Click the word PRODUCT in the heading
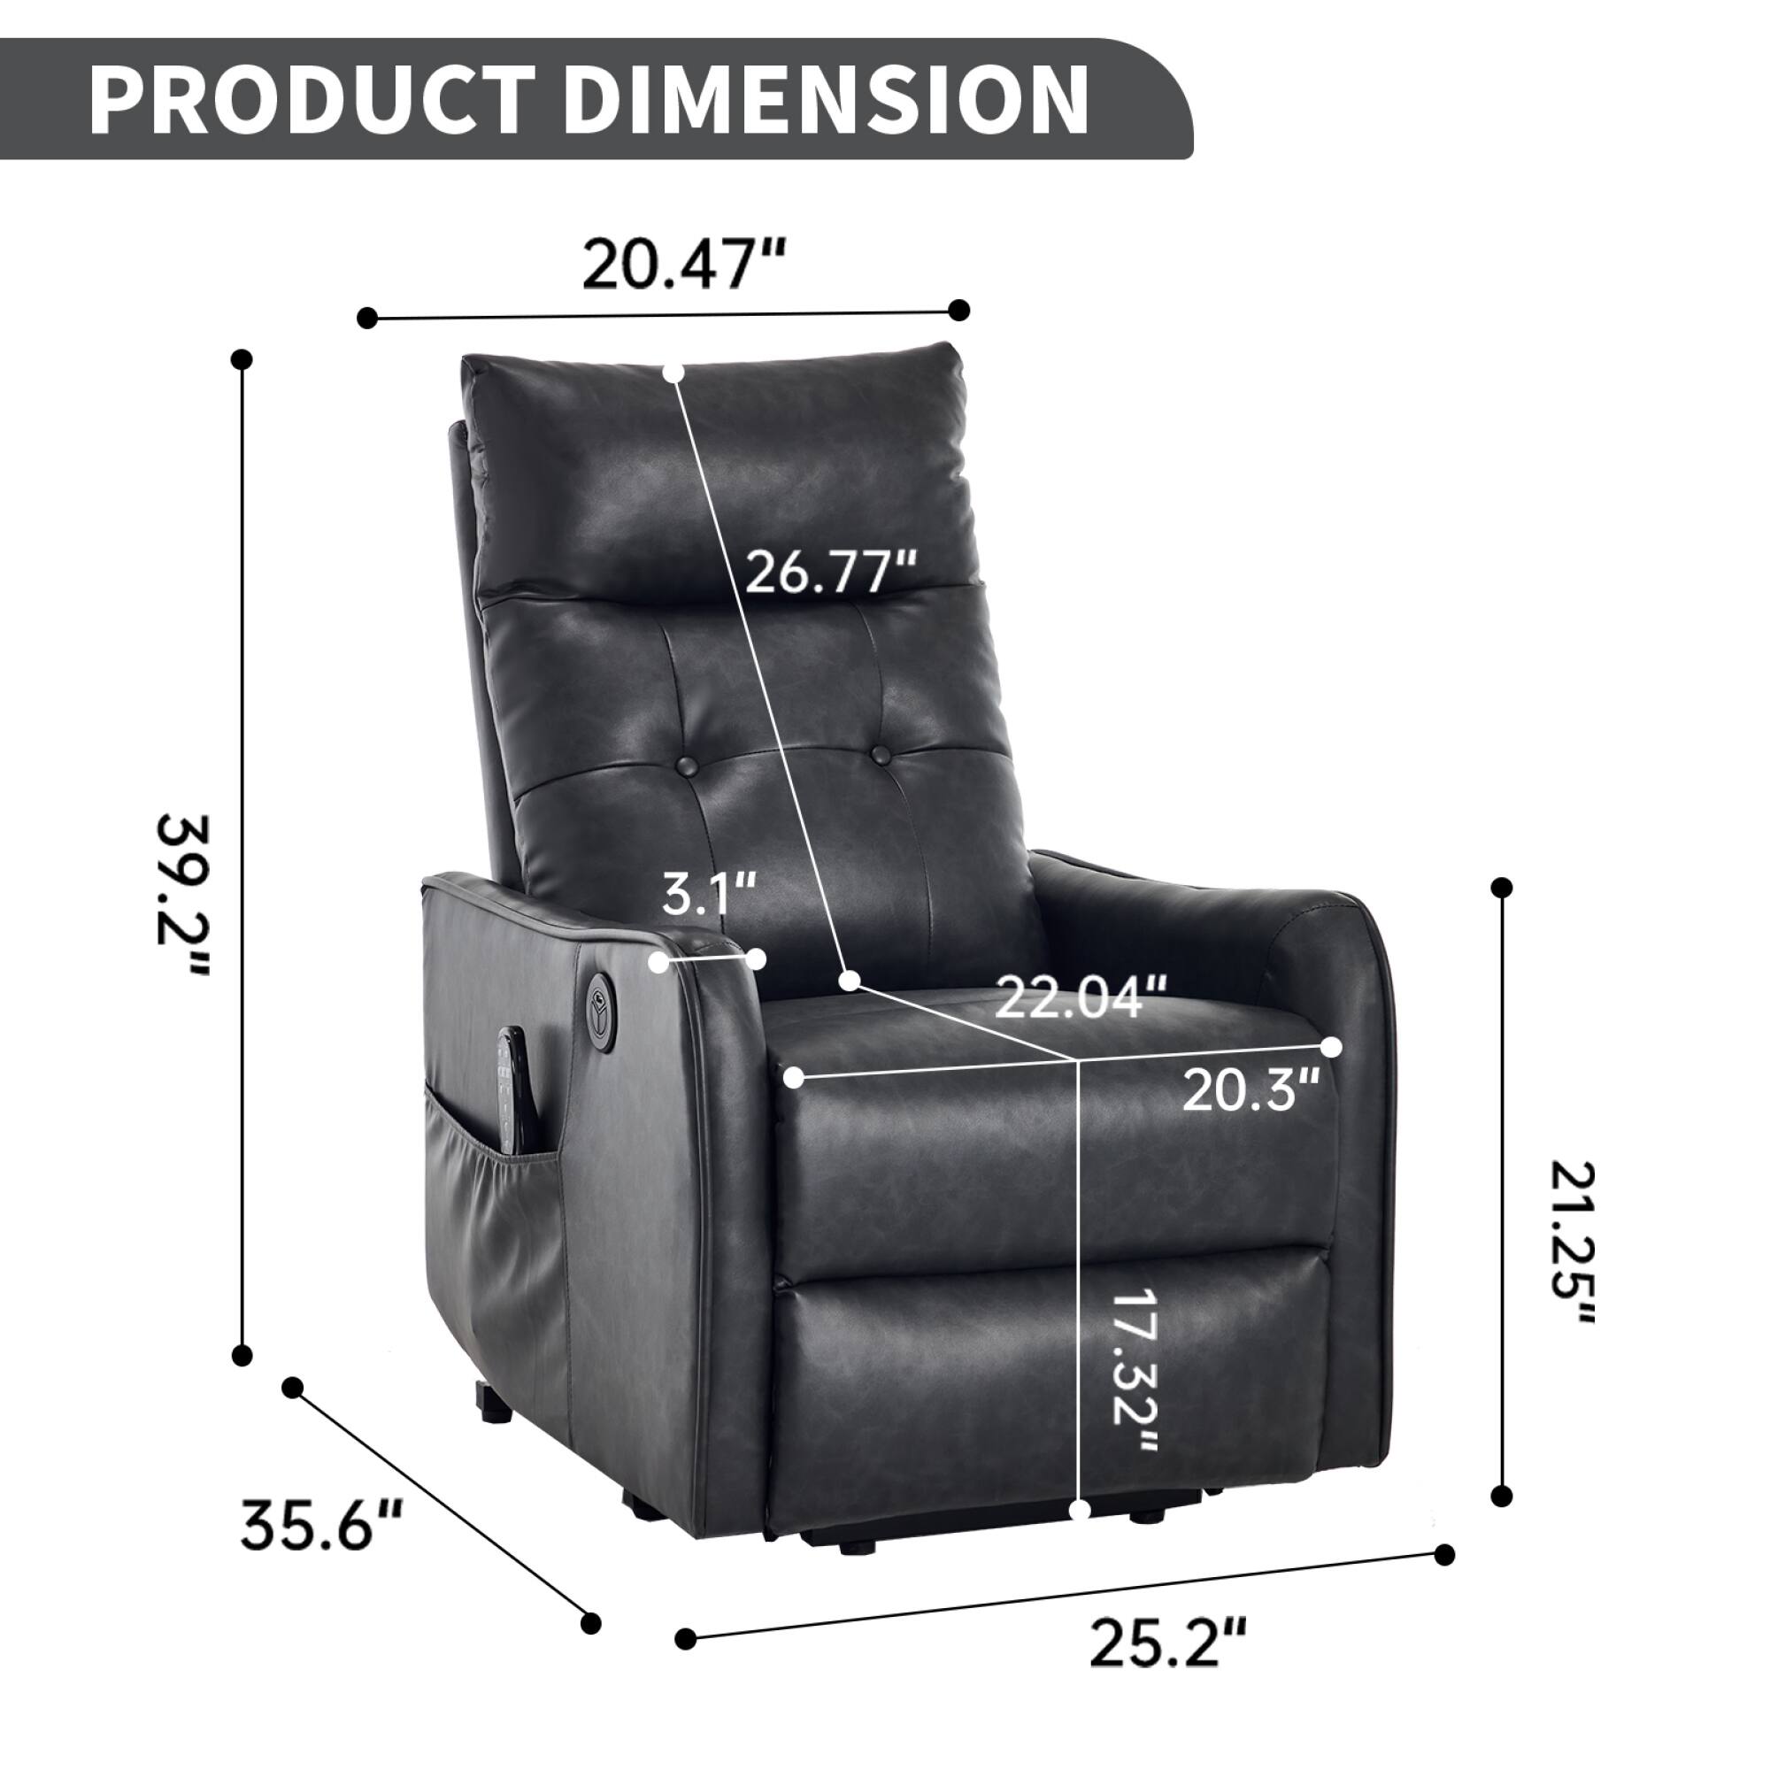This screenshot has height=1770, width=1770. [312, 100]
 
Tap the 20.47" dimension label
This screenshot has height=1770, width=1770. [684, 263]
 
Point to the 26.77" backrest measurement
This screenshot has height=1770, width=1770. [830, 573]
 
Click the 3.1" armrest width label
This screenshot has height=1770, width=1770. [709, 895]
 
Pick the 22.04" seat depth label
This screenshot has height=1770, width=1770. [1081, 997]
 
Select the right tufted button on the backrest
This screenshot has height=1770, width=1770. [881, 753]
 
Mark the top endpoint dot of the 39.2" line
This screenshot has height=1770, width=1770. [242, 359]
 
